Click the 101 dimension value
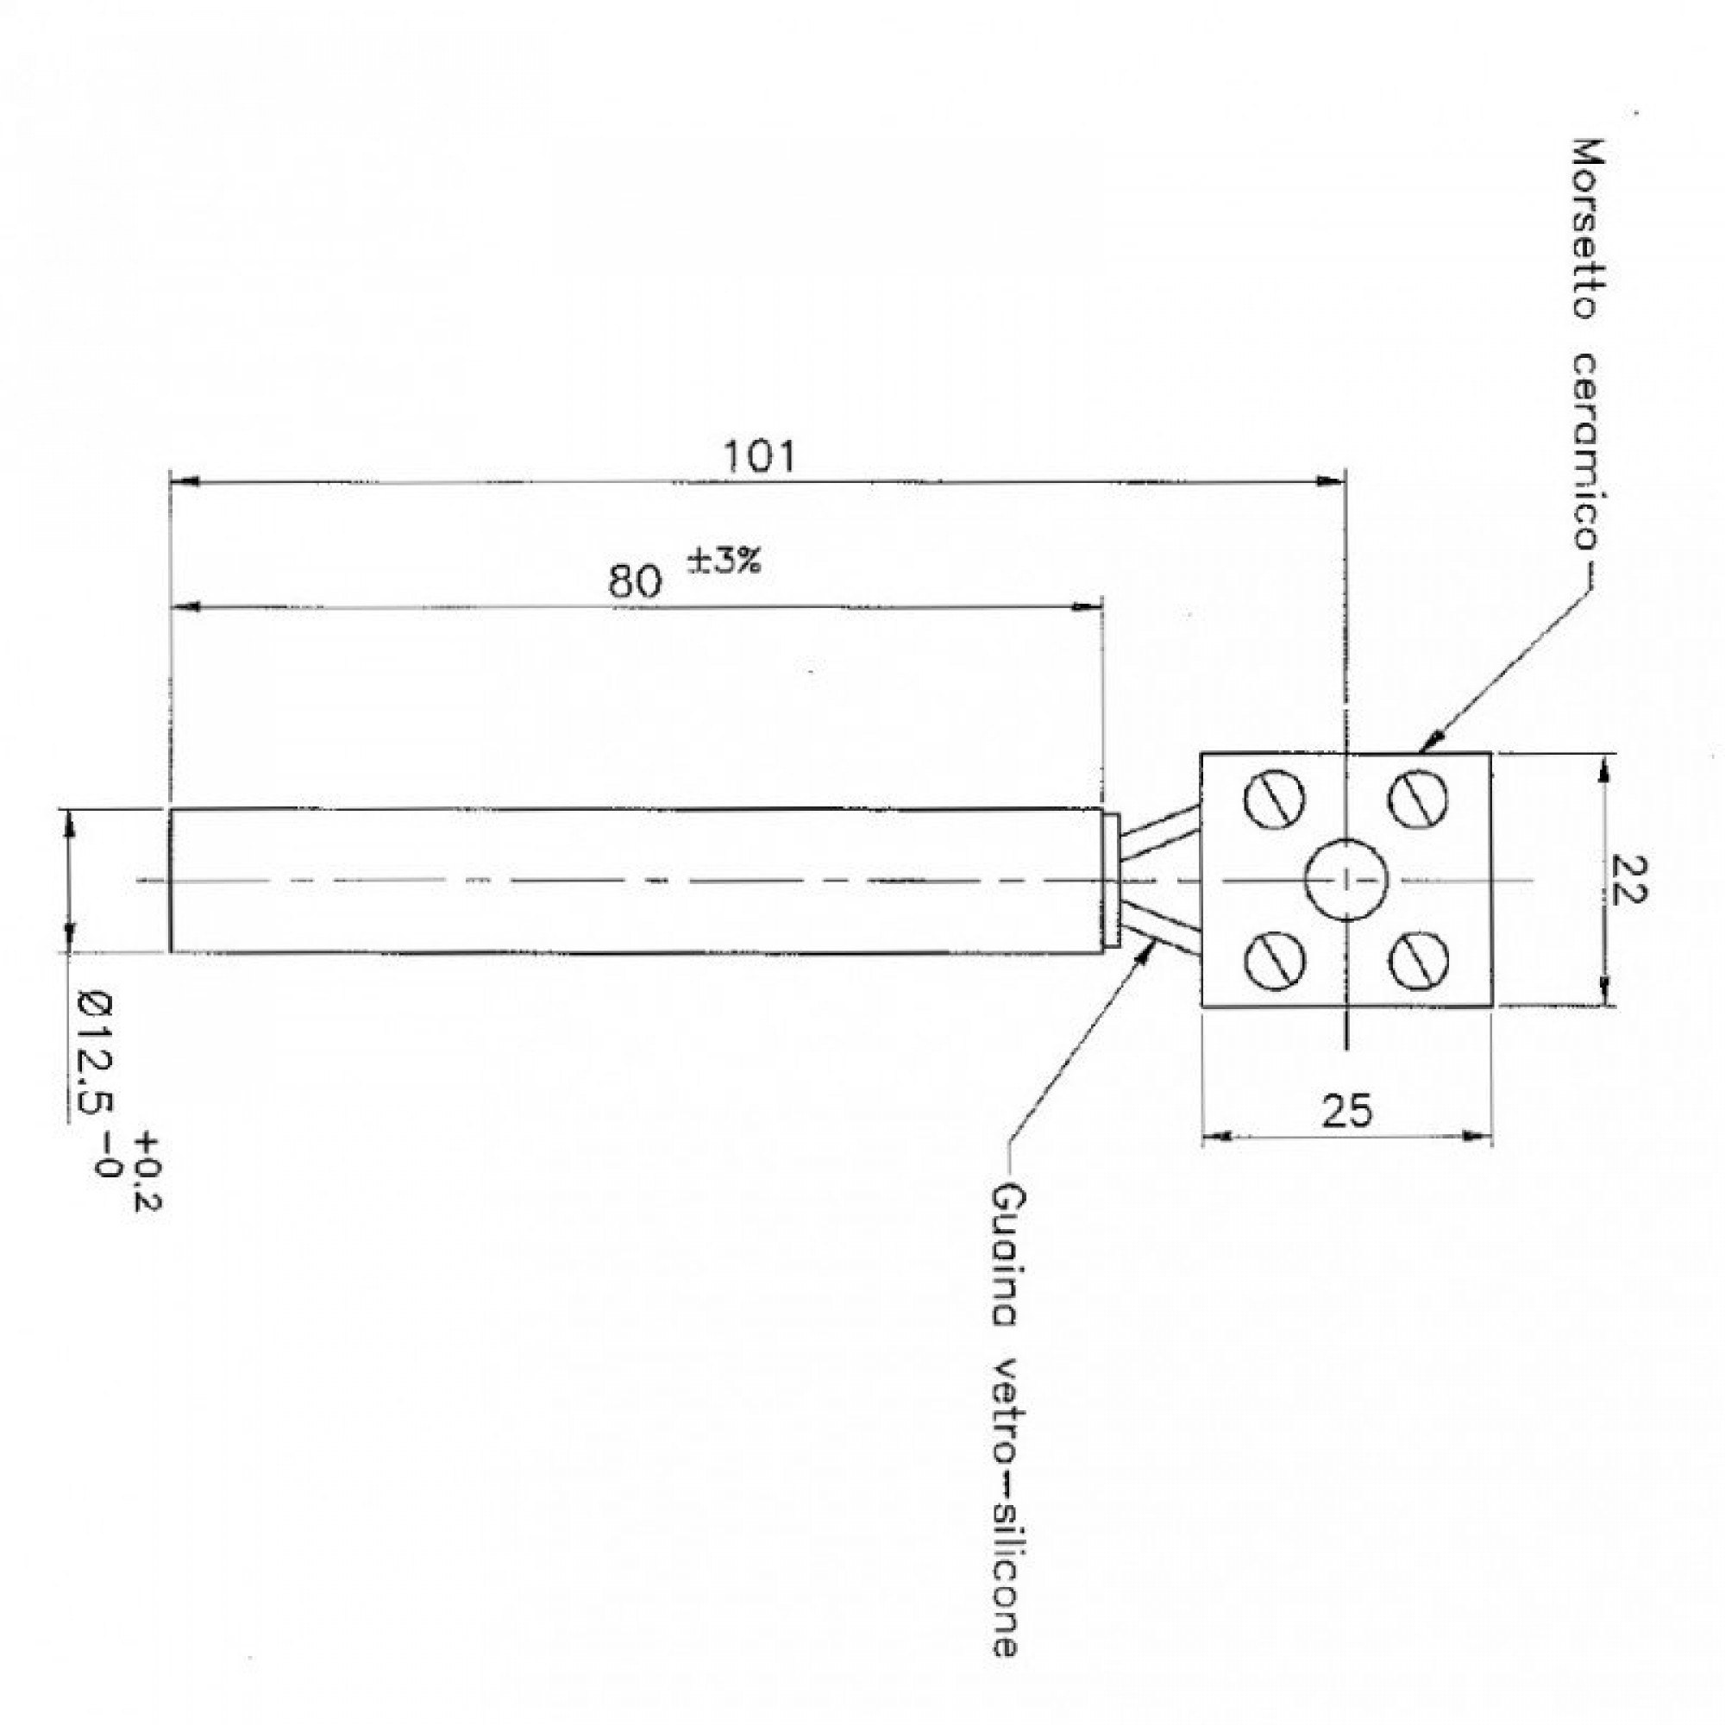757,456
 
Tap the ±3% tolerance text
724,561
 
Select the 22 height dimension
1627,880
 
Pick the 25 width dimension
1346,1112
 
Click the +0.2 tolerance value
147,1172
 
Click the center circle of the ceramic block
1345,880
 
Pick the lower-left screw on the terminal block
1274,960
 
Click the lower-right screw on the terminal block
1418,960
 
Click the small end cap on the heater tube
1112,880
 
